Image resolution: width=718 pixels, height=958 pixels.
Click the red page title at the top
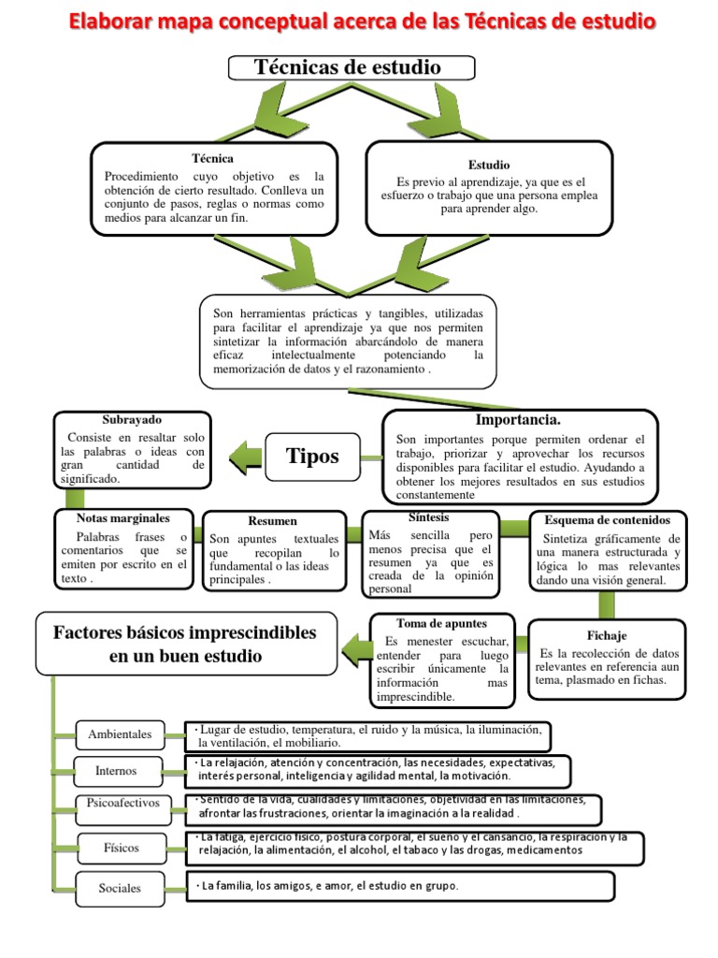(359, 22)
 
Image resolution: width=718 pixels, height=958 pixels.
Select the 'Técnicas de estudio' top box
(352, 67)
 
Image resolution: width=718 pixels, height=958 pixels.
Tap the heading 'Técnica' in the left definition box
(212, 158)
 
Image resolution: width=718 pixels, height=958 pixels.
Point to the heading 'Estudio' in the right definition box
(489, 165)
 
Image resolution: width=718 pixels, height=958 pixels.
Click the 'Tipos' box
(312, 457)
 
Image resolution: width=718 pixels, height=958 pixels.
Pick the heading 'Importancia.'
(518, 420)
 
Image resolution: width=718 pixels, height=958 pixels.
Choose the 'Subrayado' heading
(131, 420)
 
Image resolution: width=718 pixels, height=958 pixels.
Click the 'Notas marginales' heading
(123, 517)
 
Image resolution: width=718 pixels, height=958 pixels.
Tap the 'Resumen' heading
(273, 521)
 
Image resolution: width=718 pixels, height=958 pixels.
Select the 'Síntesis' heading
(428, 517)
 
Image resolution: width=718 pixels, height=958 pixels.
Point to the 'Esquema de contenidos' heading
(608, 520)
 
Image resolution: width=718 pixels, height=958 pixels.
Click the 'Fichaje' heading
(608, 635)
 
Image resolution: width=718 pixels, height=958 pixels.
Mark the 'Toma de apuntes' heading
(441, 622)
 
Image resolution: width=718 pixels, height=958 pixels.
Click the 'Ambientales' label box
(120, 734)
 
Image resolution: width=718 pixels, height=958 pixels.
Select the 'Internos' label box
(116, 771)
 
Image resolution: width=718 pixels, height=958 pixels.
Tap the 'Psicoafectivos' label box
(123, 803)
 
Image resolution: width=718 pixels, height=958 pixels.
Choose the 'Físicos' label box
(122, 848)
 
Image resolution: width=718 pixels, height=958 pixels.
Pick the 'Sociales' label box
(120, 888)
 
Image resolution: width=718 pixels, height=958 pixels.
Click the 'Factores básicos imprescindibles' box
(185, 644)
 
